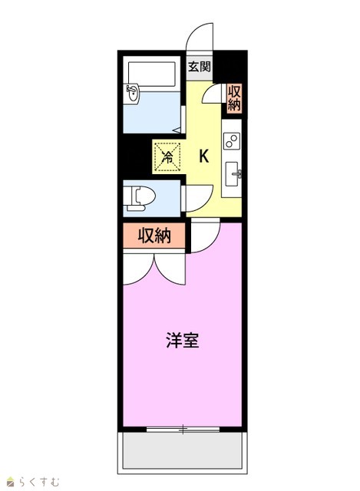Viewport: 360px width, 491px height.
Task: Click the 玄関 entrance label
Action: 199,67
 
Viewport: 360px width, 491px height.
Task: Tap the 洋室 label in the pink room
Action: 183,341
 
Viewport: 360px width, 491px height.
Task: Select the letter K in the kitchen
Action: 204,156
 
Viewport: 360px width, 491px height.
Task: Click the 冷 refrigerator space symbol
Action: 167,157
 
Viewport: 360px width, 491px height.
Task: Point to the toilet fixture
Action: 139,198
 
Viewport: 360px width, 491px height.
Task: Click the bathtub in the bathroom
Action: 152,74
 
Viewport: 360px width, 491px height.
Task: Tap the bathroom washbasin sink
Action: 132,93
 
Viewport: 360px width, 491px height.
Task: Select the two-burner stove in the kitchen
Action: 232,140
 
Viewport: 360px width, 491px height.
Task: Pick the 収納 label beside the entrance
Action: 234,97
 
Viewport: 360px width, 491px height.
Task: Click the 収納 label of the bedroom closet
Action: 154,236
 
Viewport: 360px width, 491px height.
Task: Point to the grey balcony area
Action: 183,450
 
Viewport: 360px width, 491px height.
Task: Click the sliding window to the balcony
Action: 183,430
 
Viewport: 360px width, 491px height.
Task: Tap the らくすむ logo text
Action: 38,481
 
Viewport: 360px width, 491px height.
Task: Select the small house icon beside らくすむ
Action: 11,481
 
